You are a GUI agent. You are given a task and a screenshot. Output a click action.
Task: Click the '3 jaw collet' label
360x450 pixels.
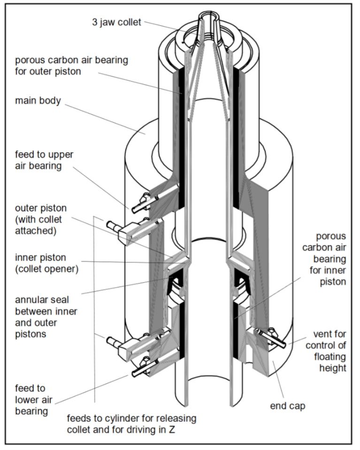pyautogui.click(x=116, y=23)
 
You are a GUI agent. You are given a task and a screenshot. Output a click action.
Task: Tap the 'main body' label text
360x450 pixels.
pyautogui.click(x=38, y=100)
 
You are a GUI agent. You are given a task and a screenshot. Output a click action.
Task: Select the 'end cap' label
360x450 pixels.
pyautogui.click(x=288, y=405)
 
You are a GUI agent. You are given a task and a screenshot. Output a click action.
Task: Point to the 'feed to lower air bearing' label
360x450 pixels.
pyautogui.click(x=31, y=400)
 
